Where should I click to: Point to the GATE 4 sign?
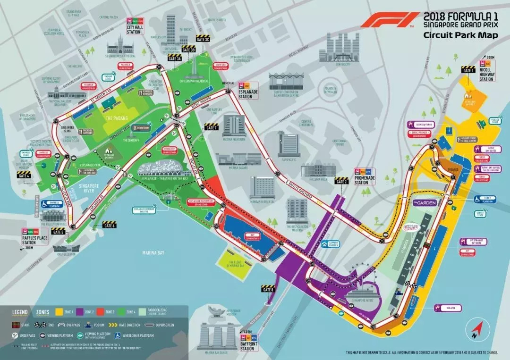point(24,175)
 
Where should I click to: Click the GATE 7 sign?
point(212,127)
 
